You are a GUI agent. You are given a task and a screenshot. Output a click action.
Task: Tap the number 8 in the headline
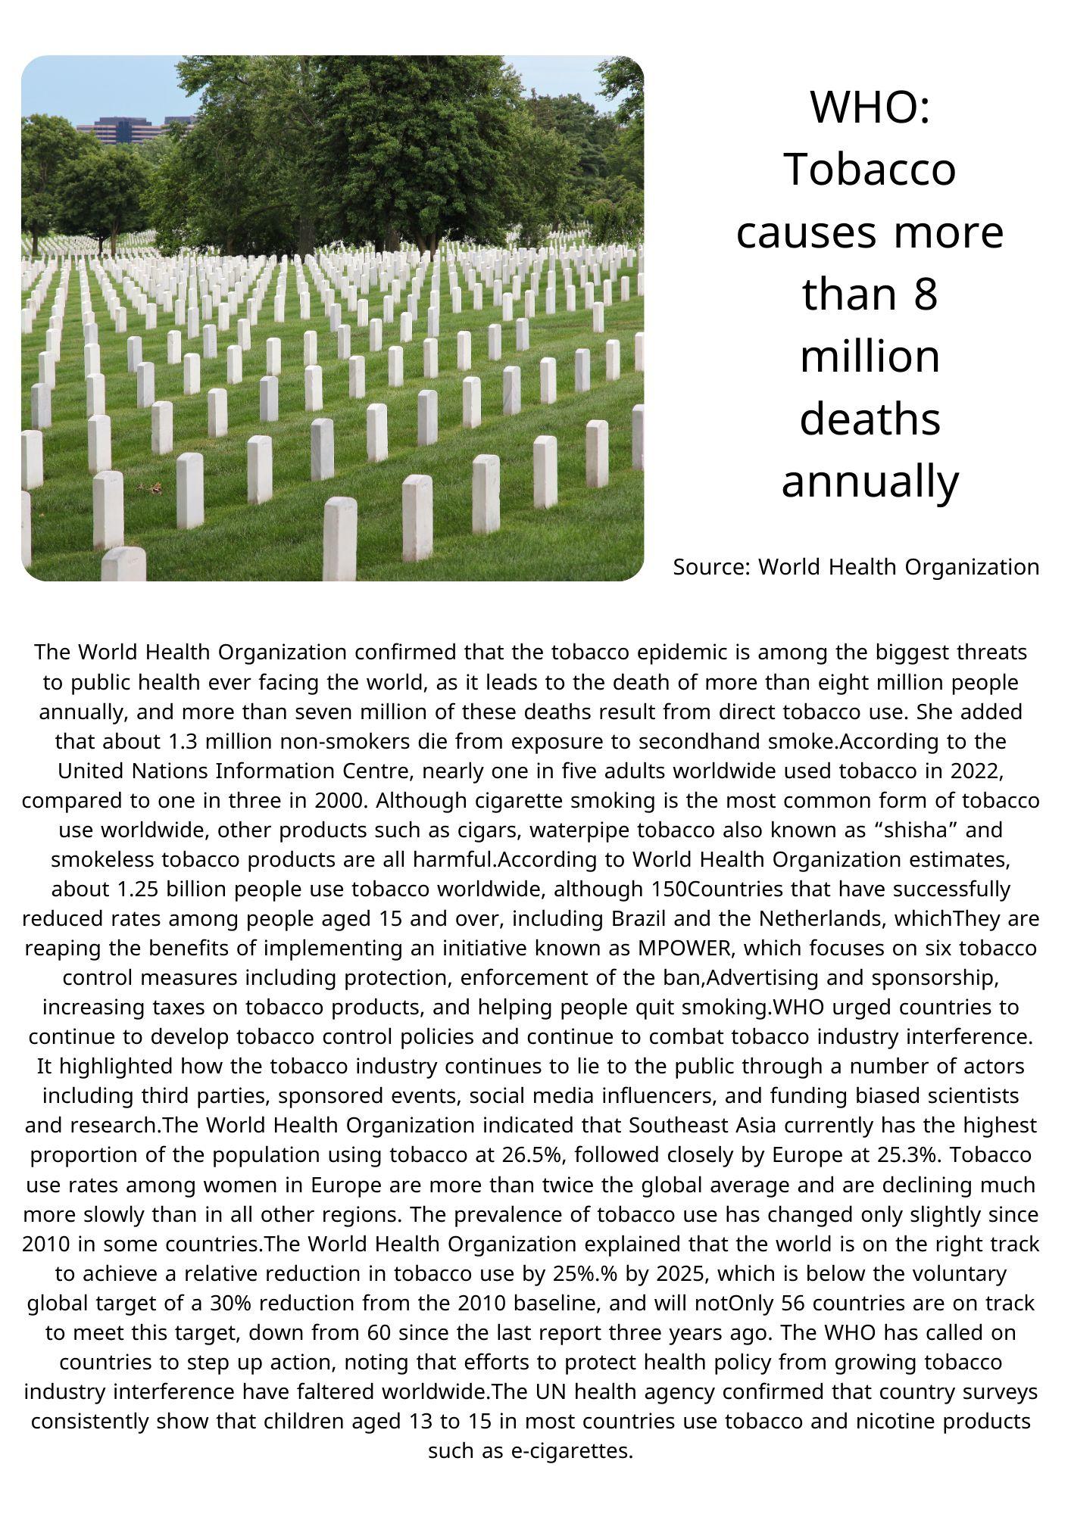925,294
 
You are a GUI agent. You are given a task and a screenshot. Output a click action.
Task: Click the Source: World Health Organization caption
856,567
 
